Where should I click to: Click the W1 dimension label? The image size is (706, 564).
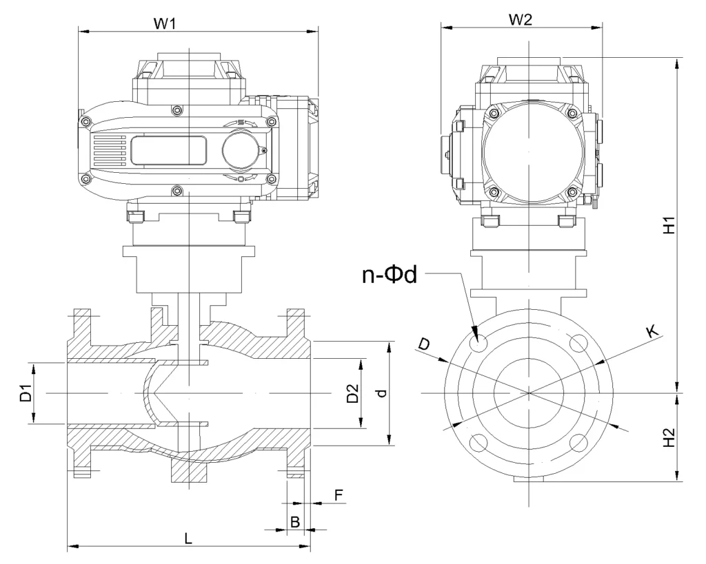pos(164,23)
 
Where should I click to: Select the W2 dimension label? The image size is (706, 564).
pos(521,20)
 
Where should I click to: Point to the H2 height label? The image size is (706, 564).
pos(668,439)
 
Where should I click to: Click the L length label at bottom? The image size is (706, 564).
pos(188,539)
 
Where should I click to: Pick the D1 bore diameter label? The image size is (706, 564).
pos(26,393)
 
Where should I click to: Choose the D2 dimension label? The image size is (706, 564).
pos(352,393)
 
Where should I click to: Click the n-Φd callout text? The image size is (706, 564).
pos(390,275)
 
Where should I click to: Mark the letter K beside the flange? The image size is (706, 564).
pos(652,332)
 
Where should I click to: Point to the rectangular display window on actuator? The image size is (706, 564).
pos(168,150)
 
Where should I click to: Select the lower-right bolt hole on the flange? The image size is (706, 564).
pos(579,442)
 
